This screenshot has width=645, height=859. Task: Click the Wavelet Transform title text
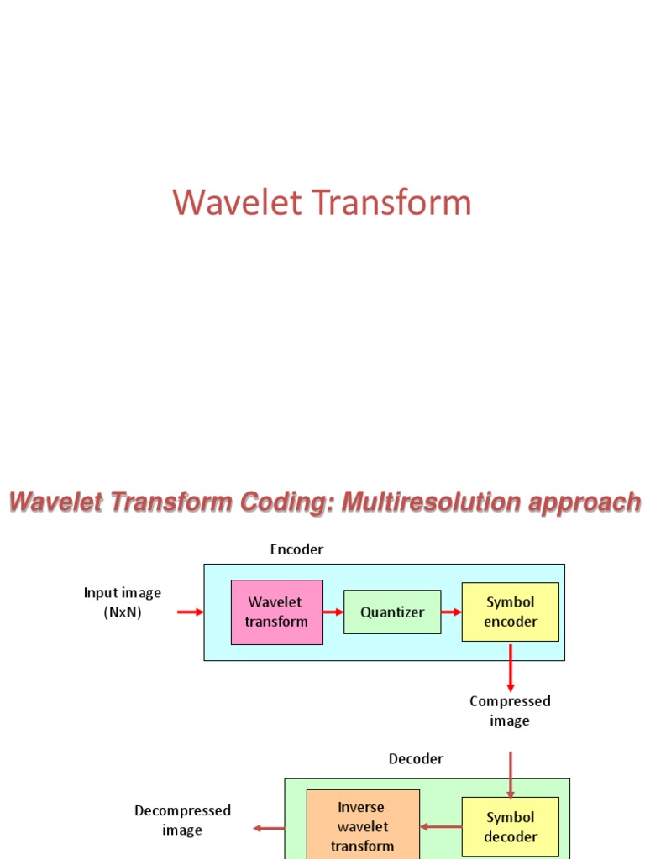(322, 203)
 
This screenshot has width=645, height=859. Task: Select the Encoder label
(296, 549)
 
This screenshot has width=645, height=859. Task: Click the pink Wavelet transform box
(277, 612)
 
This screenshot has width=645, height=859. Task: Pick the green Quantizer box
(392, 612)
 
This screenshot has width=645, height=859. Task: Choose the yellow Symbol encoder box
(511, 612)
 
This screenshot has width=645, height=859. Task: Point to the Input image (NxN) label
(122, 602)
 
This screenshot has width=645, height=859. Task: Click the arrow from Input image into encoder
(190, 612)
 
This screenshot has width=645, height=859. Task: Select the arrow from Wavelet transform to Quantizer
(333, 612)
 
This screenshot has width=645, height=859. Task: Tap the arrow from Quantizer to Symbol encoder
(452, 612)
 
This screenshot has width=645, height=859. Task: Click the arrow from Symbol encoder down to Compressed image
(511, 668)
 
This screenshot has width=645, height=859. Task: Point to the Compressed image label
(510, 711)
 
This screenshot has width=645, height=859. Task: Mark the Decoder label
(416, 759)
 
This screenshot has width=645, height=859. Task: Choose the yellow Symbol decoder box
(511, 826)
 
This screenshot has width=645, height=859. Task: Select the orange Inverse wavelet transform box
(363, 826)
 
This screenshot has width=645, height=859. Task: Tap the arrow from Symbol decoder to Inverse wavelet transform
(441, 827)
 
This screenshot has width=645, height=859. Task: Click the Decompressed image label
(182, 820)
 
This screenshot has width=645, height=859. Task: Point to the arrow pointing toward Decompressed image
(269, 828)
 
